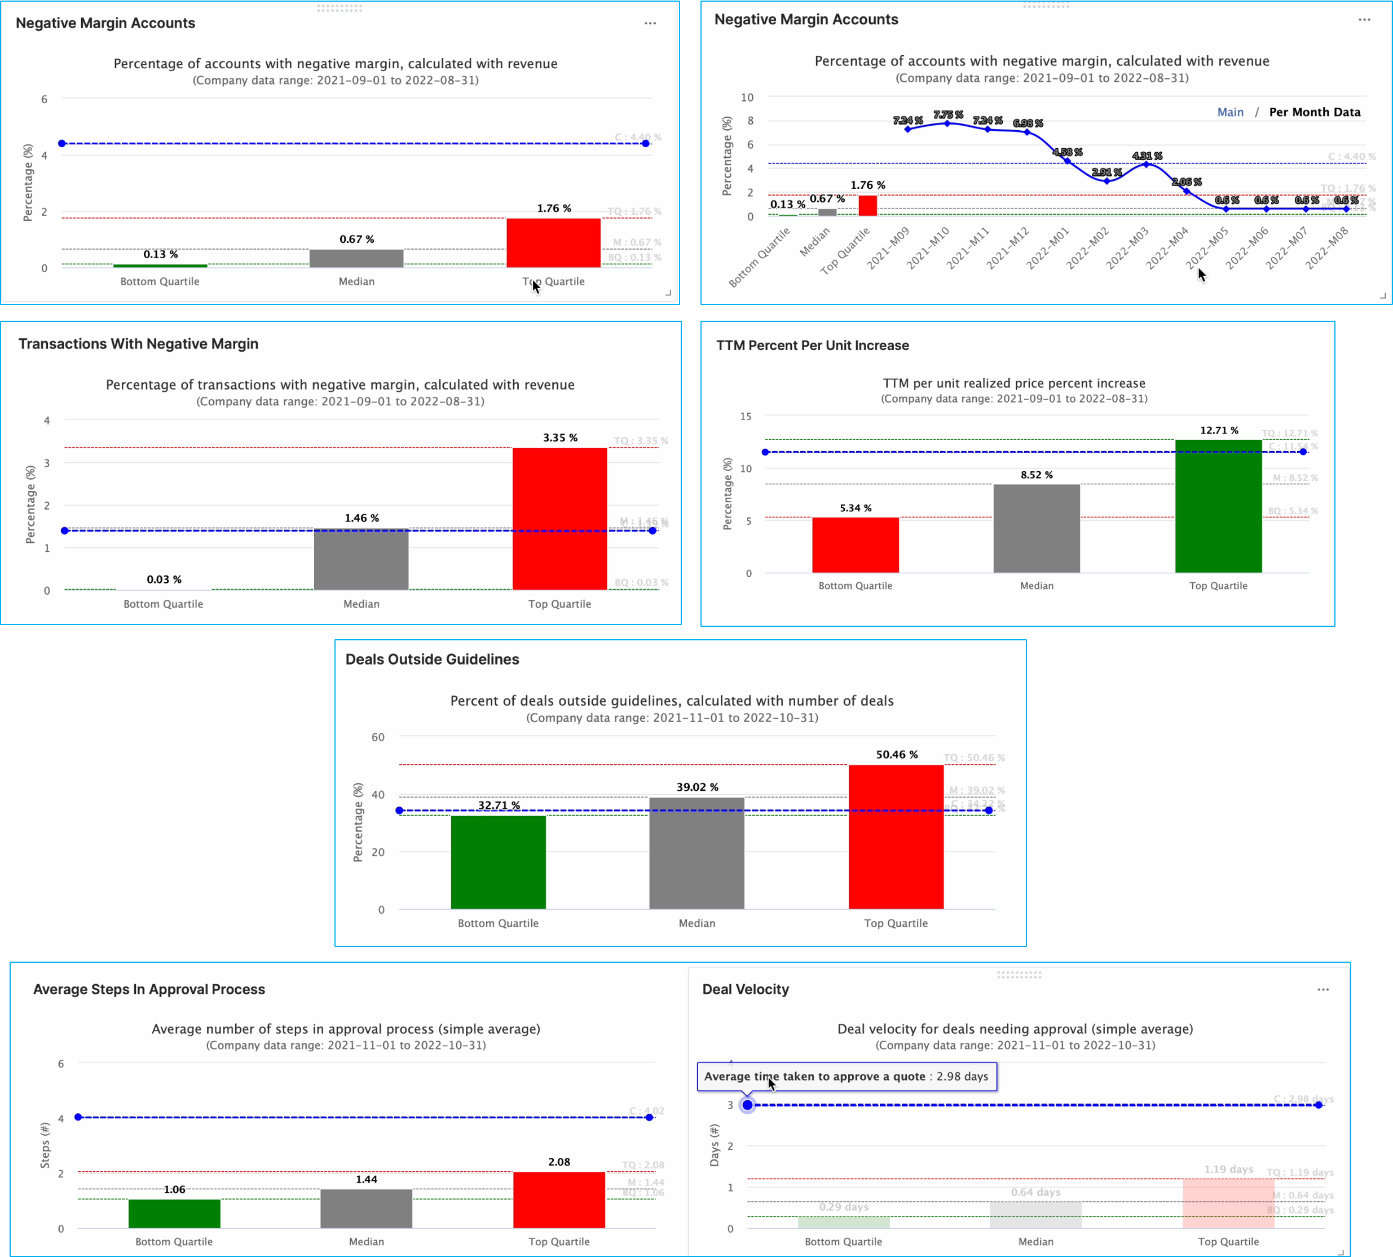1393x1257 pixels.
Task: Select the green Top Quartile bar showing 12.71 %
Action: (1218, 506)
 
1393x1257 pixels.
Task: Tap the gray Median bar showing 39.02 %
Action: (696, 853)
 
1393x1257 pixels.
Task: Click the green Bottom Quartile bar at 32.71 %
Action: (498, 862)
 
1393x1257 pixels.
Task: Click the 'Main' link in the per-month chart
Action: (1230, 112)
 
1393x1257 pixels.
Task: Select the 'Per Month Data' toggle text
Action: (1314, 112)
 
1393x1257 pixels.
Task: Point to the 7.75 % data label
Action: (948, 114)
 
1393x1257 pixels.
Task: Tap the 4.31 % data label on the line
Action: (1147, 156)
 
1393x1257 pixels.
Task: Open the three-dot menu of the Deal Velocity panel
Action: (1323, 990)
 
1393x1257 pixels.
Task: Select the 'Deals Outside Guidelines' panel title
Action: (432, 660)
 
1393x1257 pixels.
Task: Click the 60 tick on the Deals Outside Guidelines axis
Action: (378, 737)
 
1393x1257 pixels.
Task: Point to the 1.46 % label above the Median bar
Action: (362, 518)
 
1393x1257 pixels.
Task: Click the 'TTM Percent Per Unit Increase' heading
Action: (813, 346)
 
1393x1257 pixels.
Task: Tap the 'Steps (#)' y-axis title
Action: (45, 1145)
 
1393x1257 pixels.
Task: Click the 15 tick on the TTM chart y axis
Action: (746, 417)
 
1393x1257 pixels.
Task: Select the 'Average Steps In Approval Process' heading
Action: (149, 989)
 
